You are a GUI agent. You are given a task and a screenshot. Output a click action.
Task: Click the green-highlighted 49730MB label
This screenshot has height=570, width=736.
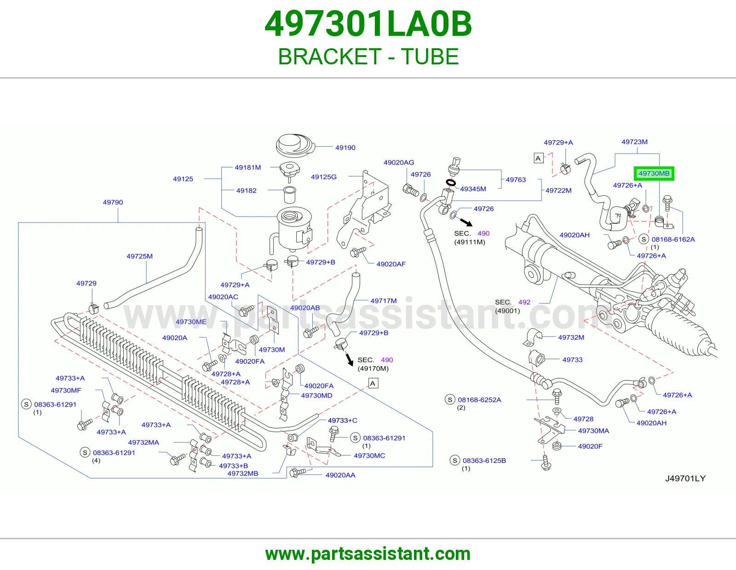click(654, 174)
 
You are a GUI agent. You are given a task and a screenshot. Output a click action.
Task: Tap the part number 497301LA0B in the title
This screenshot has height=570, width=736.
click(368, 24)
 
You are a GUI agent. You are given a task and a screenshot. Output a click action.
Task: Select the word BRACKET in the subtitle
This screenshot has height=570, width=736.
click(329, 57)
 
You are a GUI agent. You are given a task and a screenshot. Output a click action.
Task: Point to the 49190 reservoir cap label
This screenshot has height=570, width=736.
click(345, 148)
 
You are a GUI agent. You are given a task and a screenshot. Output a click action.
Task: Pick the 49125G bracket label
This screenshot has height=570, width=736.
click(323, 177)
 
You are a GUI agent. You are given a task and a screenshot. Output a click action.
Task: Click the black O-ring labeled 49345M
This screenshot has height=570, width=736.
click(450, 183)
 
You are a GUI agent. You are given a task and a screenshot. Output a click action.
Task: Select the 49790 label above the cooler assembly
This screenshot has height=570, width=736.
click(113, 202)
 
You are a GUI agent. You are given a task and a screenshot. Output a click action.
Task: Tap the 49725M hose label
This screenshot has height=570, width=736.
click(139, 256)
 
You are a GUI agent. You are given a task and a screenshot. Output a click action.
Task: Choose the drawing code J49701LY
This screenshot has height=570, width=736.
click(685, 479)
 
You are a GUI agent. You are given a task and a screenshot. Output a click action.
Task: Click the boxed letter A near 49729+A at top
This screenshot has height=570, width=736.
click(539, 158)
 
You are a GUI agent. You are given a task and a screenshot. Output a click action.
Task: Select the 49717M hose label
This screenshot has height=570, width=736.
click(384, 301)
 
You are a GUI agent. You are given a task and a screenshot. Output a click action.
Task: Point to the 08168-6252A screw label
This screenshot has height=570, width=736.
click(479, 400)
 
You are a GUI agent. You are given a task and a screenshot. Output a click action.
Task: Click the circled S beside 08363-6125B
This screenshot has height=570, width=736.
click(455, 460)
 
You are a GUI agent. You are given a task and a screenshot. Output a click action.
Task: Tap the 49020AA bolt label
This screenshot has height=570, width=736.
click(340, 475)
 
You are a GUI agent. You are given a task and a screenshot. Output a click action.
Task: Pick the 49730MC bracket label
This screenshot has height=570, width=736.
click(369, 456)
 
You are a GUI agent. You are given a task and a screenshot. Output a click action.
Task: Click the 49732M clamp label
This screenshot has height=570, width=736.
click(571, 337)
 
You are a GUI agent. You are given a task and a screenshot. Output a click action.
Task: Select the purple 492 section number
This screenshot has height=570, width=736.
click(524, 302)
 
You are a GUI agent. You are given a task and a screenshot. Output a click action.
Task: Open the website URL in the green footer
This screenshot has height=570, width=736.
click(368, 554)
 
